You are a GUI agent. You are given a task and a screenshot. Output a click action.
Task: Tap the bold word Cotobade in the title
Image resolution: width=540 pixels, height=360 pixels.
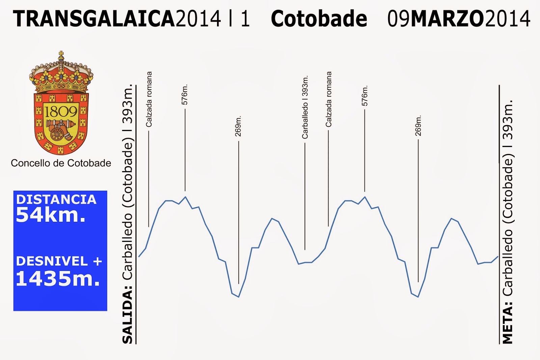click(x=319, y=18)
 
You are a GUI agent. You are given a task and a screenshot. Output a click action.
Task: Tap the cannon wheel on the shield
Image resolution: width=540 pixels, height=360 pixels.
click(x=57, y=134)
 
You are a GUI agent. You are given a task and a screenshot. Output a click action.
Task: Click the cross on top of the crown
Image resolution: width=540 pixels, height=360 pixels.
click(x=61, y=54)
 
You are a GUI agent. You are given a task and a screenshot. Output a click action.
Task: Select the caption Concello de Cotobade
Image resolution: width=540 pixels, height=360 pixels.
click(x=61, y=163)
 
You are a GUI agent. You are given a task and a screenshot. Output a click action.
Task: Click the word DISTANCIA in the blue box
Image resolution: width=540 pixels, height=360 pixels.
click(x=56, y=200)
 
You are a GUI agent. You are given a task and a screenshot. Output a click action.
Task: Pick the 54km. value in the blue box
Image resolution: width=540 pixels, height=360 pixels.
click(x=51, y=215)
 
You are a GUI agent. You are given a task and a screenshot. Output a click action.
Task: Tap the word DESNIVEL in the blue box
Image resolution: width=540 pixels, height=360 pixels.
click(x=52, y=261)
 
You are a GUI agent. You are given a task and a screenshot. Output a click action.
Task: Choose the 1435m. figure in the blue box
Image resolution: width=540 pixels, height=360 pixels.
click(x=58, y=278)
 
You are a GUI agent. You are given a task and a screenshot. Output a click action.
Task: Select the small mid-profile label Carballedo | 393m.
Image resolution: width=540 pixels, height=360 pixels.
click(x=305, y=107)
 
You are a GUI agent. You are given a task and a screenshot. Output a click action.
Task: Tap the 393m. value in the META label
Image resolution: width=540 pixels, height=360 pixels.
click(x=507, y=120)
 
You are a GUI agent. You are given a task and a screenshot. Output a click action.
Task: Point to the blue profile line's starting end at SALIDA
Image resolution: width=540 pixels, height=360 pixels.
click(x=139, y=256)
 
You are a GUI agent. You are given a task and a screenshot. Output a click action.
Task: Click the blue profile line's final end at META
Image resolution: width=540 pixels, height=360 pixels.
click(x=498, y=256)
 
